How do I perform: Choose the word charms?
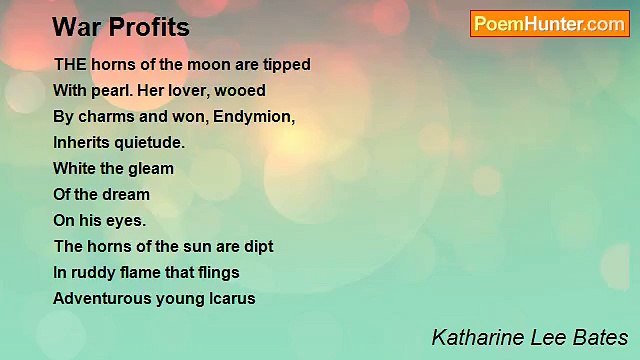click(x=107, y=116)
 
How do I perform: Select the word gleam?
click(x=149, y=168)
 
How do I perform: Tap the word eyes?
click(x=128, y=220)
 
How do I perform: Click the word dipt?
click(x=256, y=246)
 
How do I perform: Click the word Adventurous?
click(x=101, y=298)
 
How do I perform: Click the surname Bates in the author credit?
click(x=600, y=337)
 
